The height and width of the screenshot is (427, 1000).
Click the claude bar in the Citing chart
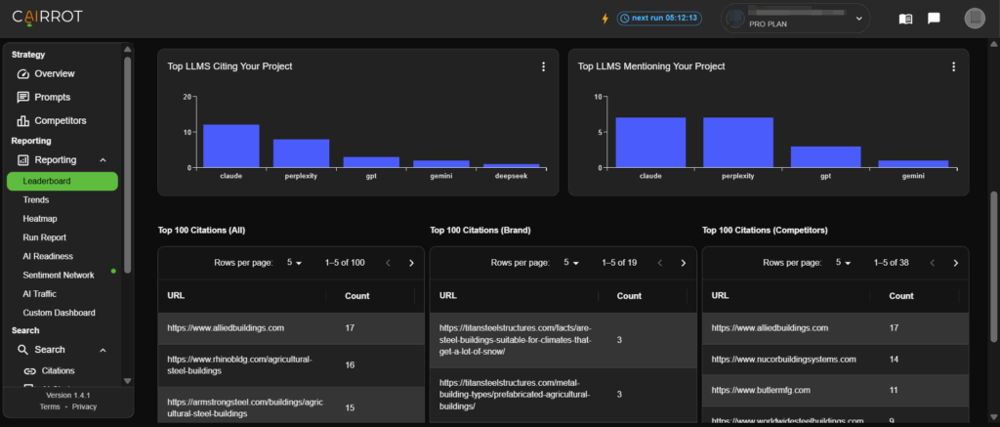point(230,146)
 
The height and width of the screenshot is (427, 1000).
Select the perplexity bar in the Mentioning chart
point(737,142)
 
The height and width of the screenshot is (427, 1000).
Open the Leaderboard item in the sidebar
point(62,181)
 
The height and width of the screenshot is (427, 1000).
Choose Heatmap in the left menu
point(40,219)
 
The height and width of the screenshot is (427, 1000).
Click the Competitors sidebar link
point(60,121)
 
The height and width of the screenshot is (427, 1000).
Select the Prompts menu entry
point(52,98)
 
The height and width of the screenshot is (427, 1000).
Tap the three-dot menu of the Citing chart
point(544,66)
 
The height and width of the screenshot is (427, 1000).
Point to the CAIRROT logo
point(47,18)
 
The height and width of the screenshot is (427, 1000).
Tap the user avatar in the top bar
point(974,18)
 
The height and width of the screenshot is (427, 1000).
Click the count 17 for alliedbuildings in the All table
point(351,328)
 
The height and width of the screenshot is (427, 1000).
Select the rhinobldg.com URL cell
point(239,365)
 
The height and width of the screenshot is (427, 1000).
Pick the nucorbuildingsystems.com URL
point(784,360)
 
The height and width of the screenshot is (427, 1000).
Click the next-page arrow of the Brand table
point(683,263)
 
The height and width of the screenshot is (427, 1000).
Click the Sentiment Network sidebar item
point(59,276)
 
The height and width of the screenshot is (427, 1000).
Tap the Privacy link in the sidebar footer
point(85,406)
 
